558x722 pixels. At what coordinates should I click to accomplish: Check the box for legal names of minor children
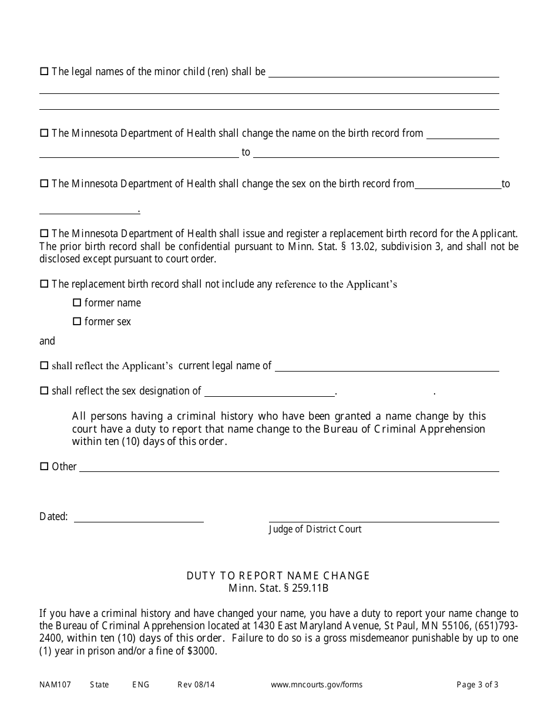pos(44,72)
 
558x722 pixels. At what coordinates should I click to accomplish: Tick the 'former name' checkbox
pos(76,303)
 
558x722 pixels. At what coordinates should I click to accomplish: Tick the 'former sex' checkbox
pos(76,322)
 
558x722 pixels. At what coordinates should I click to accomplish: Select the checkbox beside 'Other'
pos(44,467)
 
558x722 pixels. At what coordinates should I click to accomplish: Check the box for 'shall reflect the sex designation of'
pos(44,391)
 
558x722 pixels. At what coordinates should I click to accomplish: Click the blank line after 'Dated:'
pos(139,519)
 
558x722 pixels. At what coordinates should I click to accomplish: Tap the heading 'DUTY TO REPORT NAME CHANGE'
pos(278,576)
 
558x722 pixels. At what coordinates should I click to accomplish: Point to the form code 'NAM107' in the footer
pos(55,684)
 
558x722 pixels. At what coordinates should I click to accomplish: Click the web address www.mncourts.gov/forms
pos(317,684)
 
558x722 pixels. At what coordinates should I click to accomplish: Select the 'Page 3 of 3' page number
pos(478,684)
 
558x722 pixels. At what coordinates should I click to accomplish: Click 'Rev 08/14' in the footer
pos(192,684)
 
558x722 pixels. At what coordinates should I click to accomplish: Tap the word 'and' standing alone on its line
pos(47,341)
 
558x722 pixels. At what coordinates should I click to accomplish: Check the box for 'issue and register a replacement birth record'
pos(44,233)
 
